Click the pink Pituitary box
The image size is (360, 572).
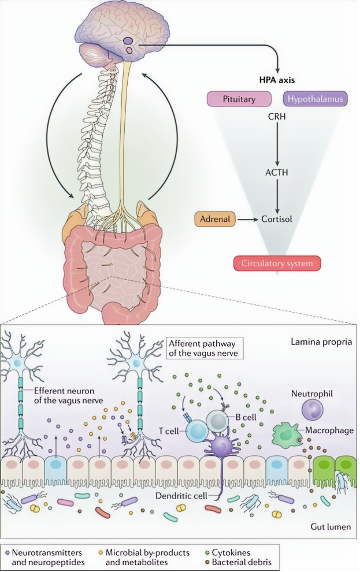tap(239, 99)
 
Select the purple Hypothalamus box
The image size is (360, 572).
tap(314, 99)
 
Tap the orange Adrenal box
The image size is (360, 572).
tap(216, 220)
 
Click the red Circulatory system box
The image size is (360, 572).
tap(277, 264)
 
